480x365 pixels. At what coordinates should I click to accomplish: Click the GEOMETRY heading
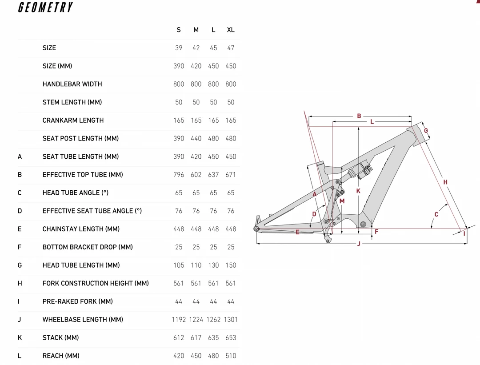pyautogui.click(x=45, y=8)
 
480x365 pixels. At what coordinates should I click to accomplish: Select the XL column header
pyautogui.click(x=231, y=30)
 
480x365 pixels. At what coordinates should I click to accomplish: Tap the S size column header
pyautogui.click(x=179, y=30)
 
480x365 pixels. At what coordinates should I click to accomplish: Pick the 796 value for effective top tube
pyautogui.click(x=179, y=175)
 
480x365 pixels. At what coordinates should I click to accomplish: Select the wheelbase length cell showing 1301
pyautogui.click(x=231, y=320)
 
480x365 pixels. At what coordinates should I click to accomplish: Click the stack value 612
pyautogui.click(x=179, y=338)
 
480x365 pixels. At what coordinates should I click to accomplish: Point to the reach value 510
pyautogui.click(x=231, y=356)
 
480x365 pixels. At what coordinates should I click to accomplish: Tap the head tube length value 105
pyautogui.click(x=179, y=265)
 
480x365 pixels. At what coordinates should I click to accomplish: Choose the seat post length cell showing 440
pyautogui.click(x=196, y=139)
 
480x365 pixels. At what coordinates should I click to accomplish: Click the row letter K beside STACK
pyautogui.click(x=20, y=338)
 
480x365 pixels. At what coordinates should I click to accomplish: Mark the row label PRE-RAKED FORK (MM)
pyautogui.click(x=78, y=301)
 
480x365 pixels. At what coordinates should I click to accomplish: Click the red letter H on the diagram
pyautogui.click(x=445, y=182)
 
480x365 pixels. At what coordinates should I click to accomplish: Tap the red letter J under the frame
pyautogui.click(x=359, y=244)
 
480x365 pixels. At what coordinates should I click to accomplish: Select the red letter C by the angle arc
pyautogui.click(x=436, y=214)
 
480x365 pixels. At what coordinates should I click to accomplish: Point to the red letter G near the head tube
pyautogui.click(x=426, y=131)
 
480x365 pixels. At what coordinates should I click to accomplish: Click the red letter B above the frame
pyautogui.click(x=359, y=116)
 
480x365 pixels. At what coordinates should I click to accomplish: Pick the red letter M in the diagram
pyautogui.click(x=342, y=201)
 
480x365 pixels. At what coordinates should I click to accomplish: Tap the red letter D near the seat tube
pyautogui.click(x=314, y=214)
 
